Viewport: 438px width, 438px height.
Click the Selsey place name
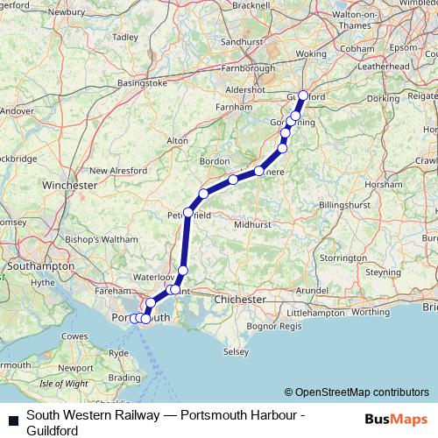pyautogui.click(x=237, y=351)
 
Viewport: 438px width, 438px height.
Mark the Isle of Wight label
pyautogui.click(x=64, y=383)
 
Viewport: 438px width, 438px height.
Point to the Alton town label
pyautogui.click(x=178, y=140)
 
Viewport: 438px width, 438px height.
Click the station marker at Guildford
pyautogui.click(x=303, y=96)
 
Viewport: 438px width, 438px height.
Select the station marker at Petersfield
pyautogui.click(x=187, y=213)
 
